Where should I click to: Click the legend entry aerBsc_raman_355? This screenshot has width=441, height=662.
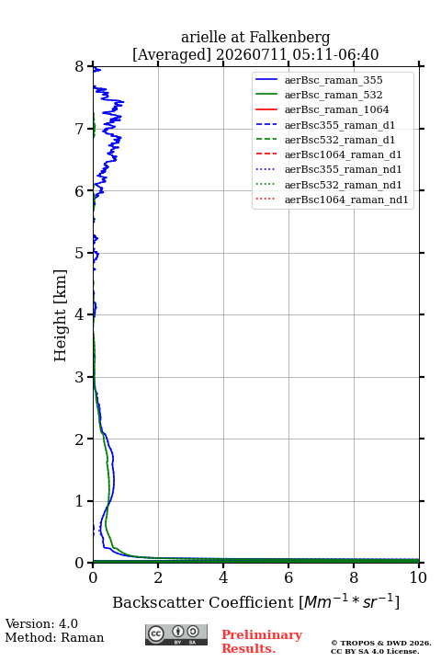pos(334,80)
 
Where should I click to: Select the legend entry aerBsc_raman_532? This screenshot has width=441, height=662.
pos(334,95)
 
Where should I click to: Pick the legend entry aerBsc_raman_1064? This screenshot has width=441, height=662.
pos(337,109)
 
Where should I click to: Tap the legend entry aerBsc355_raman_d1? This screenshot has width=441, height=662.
pos(340,125)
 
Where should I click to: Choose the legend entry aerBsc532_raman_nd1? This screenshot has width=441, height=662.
pos(343,185)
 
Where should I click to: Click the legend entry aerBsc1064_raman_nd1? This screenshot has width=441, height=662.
pos(346,200)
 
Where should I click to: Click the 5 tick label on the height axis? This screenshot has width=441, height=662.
pos(80,253)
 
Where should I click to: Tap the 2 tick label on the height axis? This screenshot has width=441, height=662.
pos(80,439)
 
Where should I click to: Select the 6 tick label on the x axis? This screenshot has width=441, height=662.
pos(288,577)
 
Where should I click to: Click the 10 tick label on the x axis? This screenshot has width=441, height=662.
pos(418,577)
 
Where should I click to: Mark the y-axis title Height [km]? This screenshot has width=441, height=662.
pos(61,315)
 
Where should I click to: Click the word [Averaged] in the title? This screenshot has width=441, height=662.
pos(172,54)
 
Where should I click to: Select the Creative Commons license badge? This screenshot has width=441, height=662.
pos(176,634)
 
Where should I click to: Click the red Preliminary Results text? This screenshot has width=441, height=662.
pos(262,642)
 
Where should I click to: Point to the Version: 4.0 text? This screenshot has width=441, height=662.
pos(41,623)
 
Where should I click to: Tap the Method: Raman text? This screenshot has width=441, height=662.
pos(54,637)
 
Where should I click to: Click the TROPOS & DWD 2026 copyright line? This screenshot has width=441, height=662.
pos(381,643)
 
